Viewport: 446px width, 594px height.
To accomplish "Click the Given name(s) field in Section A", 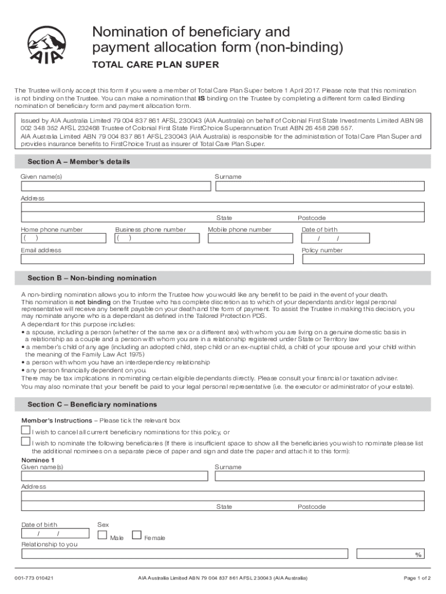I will coord(116,186).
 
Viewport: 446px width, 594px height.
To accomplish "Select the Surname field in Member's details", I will coord(320,186).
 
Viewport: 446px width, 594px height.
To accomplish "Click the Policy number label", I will coord(322,251).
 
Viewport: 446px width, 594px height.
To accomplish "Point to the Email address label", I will coord(41,251).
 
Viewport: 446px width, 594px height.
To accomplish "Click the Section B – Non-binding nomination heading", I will coord(92,278).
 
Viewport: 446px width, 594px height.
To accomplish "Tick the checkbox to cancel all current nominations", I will coord(25,430).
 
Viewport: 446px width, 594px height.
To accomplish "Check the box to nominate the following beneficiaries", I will coord(25,442).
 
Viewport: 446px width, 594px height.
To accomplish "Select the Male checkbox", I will coord(103,535).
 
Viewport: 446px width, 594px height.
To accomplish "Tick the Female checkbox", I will coord(137,535).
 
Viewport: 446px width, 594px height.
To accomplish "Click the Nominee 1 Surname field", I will coord(320,476).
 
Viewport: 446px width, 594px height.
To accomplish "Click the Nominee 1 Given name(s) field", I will coord(115,476).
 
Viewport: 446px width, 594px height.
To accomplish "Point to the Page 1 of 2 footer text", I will coord(417,578).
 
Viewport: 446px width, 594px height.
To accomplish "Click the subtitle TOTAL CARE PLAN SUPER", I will coord(156,65).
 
